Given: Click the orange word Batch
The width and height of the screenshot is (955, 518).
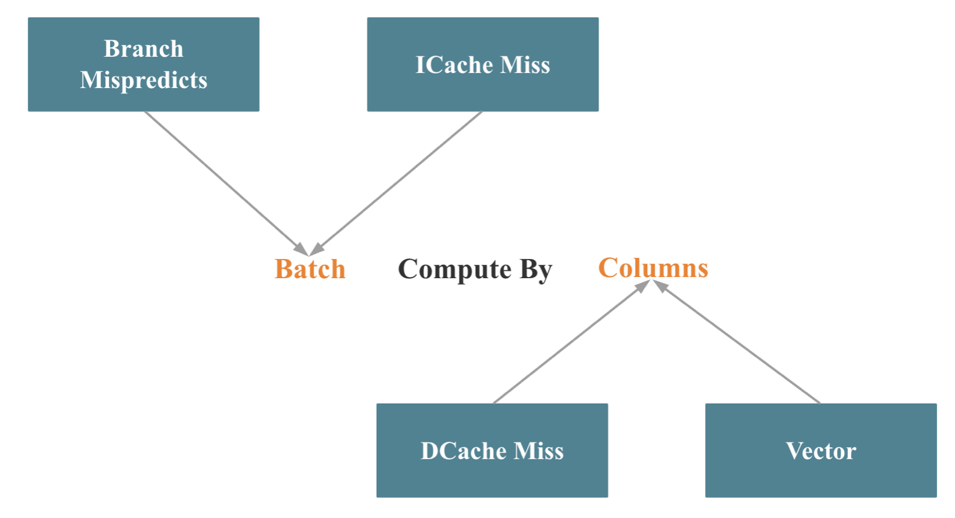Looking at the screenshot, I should pos(310,269).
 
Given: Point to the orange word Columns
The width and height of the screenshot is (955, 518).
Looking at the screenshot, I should pos(653,268).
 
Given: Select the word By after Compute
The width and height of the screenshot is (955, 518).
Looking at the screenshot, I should pos(536,270).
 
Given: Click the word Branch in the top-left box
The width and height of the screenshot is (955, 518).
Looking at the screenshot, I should pos(144,49).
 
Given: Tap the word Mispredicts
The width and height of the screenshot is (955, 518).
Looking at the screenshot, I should pos(144,80).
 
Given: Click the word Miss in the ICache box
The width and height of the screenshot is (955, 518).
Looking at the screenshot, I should pos(525,65).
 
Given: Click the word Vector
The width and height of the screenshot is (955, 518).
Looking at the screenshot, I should pos(821,451).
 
